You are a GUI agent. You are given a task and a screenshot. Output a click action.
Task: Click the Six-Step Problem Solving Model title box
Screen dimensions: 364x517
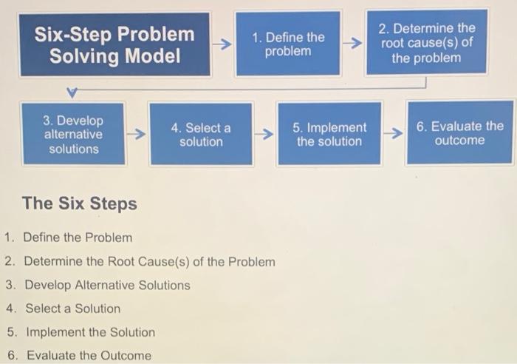pos(115,44)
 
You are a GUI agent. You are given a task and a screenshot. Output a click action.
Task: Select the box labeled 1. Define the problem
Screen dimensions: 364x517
pos(288,44)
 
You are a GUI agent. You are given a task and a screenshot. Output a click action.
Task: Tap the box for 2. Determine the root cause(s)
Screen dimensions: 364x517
pos(426,43)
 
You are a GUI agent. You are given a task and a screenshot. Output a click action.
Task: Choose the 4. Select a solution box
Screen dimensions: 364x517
pos(201,135)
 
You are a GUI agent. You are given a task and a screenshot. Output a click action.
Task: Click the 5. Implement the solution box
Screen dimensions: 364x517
pos(329,135)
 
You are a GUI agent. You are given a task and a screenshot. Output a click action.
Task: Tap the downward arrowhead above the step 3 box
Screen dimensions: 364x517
pos(72,93)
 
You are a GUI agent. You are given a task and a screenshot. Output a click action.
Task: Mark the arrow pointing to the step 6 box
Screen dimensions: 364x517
pos(395,134)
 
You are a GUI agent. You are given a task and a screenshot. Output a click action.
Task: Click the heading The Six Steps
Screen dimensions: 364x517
pos(80,203)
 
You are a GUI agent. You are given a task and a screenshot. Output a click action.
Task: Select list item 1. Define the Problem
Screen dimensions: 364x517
pos(77,237)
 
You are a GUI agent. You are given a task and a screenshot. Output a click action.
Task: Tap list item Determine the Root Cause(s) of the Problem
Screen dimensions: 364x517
pos(149,262)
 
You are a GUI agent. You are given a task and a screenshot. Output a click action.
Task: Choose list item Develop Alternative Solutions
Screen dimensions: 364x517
pos(107,286)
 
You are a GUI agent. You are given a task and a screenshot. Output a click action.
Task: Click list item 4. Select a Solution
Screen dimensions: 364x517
pos(72,309)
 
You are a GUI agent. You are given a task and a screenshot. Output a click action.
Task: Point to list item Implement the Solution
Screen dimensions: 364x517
pos(90,332)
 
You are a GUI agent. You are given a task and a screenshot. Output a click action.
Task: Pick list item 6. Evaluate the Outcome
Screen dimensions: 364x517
pos(88,355)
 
